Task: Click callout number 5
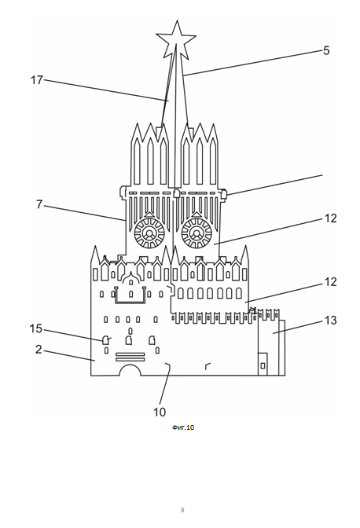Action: [326, 50]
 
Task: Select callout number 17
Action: [37, 80]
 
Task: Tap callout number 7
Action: [39, 204]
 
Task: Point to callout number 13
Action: [330, 321]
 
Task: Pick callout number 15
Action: [36, 328]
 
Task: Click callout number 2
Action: [39, 350]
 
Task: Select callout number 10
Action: [160, 412]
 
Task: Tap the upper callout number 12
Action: [330, 218]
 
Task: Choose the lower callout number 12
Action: [330, 282]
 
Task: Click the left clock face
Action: [149, 233]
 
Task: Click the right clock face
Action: [197, 233]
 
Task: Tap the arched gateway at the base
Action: [130, 365]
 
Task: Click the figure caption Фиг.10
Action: [183, 427]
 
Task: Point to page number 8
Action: [182, 510]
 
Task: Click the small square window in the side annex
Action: [263, 365]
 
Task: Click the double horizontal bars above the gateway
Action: [130, 357]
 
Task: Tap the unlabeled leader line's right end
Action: [322, 174]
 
